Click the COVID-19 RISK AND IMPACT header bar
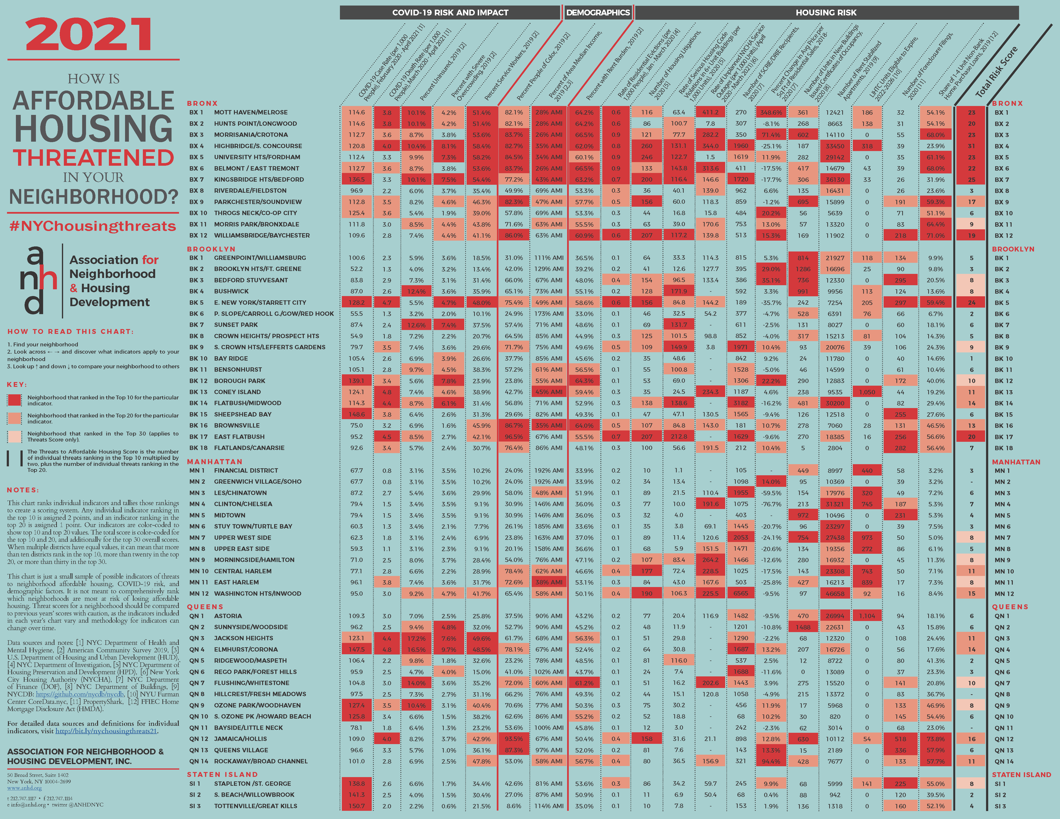pos(450,13)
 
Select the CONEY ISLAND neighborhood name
pos(237,392)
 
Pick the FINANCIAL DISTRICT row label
pos(246,470)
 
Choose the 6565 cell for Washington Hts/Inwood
pos(741,593)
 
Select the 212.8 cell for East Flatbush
pos(678,437)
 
